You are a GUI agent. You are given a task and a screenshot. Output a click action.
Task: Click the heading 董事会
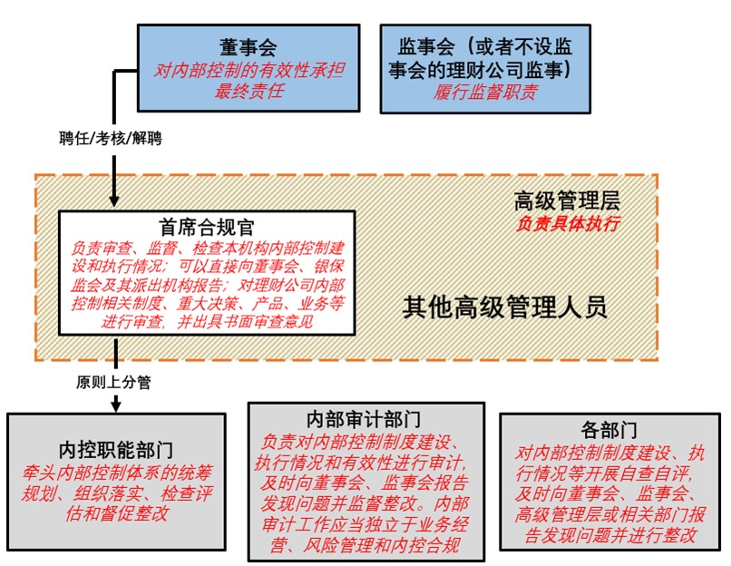[248, 47]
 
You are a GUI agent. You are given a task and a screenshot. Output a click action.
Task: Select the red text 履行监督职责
[485, 92]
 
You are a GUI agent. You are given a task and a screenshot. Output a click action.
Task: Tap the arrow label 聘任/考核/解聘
[111, 139]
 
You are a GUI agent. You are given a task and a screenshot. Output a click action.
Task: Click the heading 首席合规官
[207, 227]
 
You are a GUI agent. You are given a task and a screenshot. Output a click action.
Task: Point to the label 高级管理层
[567, 201]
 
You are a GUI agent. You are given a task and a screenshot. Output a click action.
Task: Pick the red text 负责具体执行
[568, 224]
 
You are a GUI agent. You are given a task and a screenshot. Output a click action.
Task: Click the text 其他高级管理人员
[505, 307]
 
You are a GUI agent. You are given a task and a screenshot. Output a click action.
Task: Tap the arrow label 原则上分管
[113, 382]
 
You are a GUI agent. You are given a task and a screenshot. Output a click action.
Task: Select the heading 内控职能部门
[116, 450]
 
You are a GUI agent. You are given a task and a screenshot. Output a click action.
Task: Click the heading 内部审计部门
[364, 420]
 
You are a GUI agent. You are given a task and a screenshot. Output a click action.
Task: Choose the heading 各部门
[609, 429]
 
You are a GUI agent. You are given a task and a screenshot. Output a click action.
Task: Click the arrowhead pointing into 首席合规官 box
[114, 201]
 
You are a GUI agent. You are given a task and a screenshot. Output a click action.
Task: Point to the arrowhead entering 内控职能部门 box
[116, 404]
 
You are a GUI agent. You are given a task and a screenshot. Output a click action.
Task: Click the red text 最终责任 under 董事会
[249, 91]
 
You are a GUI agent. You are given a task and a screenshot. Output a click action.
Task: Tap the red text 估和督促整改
[117, 513]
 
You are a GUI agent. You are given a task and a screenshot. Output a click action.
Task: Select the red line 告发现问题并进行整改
[609, 535]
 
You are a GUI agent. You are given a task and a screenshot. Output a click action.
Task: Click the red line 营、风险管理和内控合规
[365, 544]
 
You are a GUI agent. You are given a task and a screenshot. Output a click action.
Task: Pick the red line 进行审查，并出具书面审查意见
[207, 322]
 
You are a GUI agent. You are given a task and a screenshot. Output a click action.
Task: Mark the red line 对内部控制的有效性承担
[249, 70]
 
